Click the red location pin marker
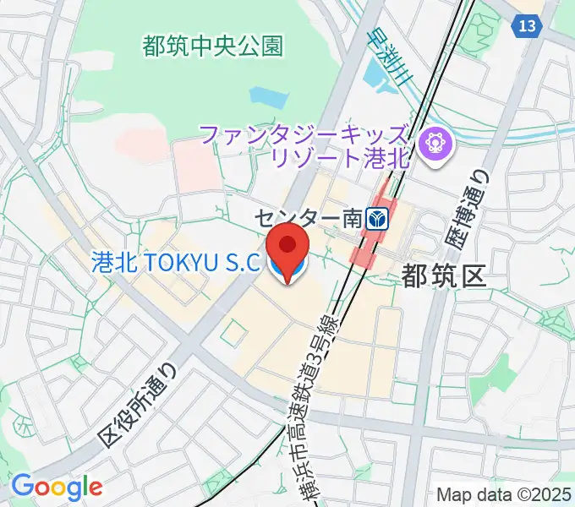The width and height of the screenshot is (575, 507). tap(288, 246)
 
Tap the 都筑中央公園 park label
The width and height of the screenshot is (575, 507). tap(212, 46)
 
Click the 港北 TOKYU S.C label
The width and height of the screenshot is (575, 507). tap(174, 263)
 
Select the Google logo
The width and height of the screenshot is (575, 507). tap(56, 487)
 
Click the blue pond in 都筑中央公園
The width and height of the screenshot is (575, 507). tap(263, 96)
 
